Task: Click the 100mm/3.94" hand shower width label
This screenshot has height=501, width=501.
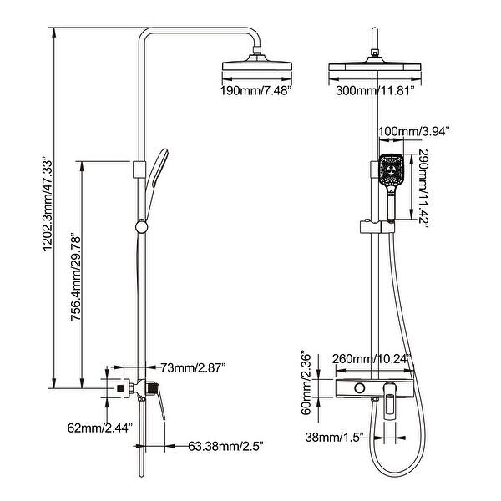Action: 414,131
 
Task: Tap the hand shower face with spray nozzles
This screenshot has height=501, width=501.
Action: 390,172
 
